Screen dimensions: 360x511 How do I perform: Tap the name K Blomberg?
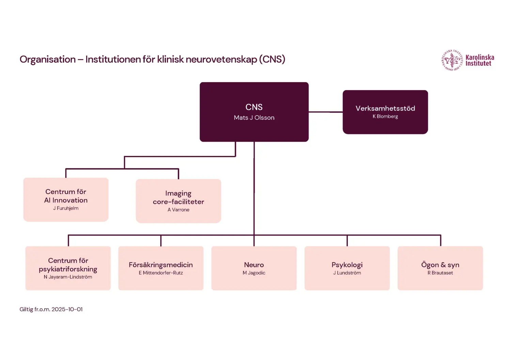[385, 117]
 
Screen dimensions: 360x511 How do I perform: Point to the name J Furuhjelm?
[66, 208]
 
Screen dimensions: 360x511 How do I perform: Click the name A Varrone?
[178, 210]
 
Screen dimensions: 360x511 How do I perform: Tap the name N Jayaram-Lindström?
[68, 277]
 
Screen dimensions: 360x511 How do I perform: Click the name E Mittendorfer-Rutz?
[161, 273]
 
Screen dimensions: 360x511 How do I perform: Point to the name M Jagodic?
[254, 273]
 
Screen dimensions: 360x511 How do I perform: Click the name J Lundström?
[347, 273]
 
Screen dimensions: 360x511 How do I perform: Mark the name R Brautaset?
[440, 273]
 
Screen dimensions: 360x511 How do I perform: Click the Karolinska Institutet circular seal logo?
[452, 60]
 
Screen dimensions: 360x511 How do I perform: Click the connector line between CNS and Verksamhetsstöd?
[325, 112]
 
